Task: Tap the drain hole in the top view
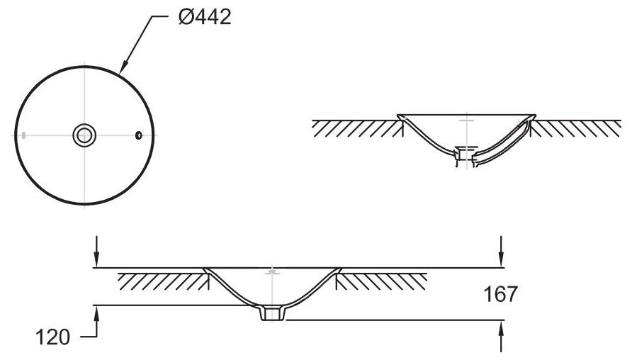point(84,134)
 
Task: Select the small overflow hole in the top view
point(139,134)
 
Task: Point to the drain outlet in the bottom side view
point(272,314)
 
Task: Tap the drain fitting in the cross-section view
point(464,154)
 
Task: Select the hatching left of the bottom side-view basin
point(162,281)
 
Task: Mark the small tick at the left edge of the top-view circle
point(24,134)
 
